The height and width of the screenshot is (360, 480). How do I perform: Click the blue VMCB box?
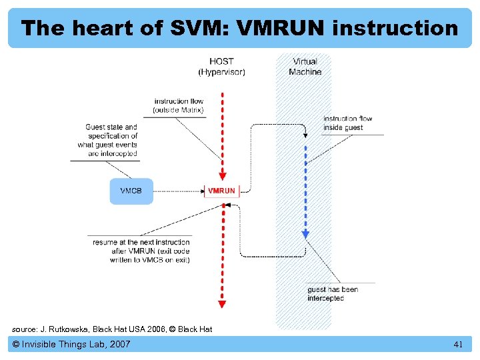(131, 191)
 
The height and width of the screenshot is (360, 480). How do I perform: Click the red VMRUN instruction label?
(221, 191)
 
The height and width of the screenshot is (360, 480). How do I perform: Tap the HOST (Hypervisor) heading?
(221, 67)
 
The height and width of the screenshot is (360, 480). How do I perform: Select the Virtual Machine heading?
(305, 67)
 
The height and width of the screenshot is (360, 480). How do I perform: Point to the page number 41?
(457, 345)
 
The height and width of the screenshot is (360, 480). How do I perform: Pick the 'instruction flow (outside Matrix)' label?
(178, 105)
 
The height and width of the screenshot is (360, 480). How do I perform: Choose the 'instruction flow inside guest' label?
(348, 123)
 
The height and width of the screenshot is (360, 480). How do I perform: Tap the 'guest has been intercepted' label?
(333, 294)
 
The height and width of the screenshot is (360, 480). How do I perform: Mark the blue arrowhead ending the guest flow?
(305, 234)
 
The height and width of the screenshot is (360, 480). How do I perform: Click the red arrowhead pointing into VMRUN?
(223, 177)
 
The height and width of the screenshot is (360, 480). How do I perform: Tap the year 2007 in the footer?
(118, 345)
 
